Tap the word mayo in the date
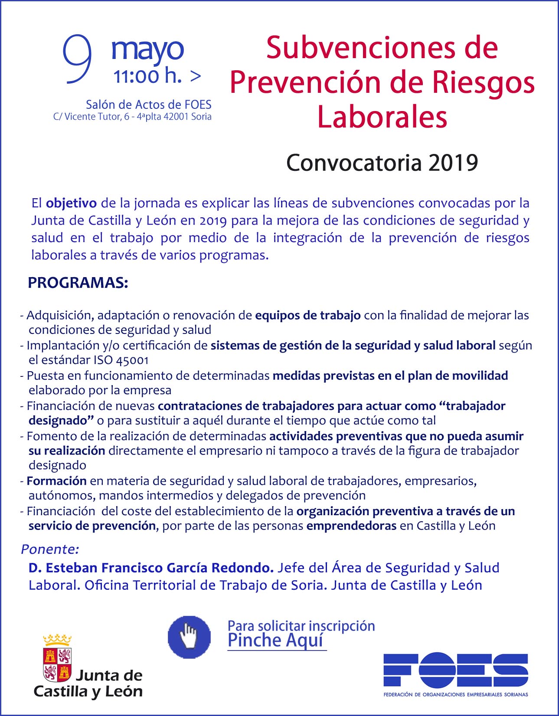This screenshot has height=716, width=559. click(147, 50)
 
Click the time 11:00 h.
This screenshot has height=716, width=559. click(147, 77)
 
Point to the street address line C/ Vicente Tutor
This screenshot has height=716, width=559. click(132, 117)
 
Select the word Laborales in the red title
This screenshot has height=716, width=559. click(382, 117)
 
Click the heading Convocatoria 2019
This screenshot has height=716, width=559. click(382, 163)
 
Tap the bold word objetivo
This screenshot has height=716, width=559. click(71, 203)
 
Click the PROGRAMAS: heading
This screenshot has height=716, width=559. click(78, 283)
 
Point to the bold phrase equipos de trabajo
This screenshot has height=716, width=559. click(308, 315)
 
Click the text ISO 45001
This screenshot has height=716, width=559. click(121, 360)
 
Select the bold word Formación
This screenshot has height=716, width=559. click(57, 481)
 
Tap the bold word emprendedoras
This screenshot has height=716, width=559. click(351, 526)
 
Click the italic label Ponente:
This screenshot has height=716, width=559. click(50, 549)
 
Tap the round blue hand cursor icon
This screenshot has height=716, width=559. click(189, 637)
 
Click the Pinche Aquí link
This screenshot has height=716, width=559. click(276, 641)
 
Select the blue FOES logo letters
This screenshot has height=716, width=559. click(455, 670)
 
